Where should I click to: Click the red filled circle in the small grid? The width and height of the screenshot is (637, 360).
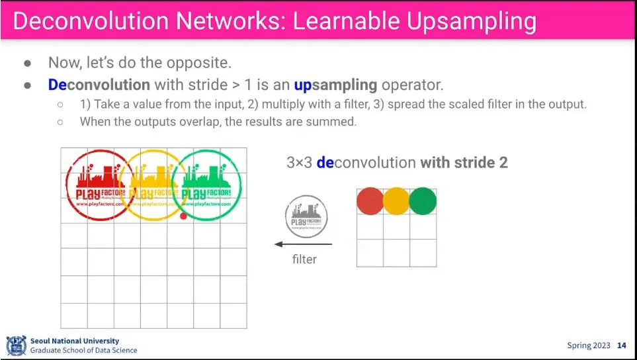click(370, 201)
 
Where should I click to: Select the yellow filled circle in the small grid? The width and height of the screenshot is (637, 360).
click(396, 201)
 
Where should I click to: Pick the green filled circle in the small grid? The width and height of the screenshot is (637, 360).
click(423, 201)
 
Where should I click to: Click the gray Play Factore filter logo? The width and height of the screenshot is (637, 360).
click(306, 216)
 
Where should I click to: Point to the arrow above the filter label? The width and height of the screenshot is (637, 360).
click(304, 244)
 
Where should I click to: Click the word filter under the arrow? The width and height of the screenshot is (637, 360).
click(304, 259)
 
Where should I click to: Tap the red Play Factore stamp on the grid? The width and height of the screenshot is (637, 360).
click(99, 185)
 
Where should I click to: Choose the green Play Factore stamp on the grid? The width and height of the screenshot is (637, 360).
click(207, 185)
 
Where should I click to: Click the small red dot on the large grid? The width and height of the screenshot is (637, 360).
click(183, 216)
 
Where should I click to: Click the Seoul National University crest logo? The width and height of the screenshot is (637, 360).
click(16, 345)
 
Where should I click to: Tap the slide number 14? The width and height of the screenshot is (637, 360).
click(621, 345)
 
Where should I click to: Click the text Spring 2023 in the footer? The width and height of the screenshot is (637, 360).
click(589, 345)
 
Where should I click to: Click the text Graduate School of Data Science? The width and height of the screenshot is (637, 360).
click(83, 350)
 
